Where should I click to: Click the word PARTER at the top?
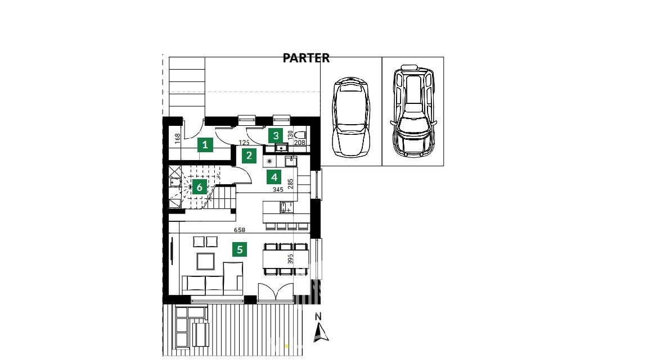306,58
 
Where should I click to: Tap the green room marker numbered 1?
205,145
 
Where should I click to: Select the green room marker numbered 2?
249,156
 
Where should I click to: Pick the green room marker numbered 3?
276,135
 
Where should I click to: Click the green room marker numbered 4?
274,178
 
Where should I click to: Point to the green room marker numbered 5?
240,249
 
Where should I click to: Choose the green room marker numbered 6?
200,188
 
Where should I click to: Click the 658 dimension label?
239,230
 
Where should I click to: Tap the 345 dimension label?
278,189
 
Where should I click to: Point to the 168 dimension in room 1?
178,138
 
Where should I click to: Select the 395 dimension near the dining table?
290,259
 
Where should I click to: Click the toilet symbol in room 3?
301,135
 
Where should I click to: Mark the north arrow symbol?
321,333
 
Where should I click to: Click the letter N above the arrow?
318,317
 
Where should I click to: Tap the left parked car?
351,116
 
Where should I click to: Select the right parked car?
412,111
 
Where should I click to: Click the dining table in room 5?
286,259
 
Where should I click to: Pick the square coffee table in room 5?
205,261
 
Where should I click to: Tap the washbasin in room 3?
282,147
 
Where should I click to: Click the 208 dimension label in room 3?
300,143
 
